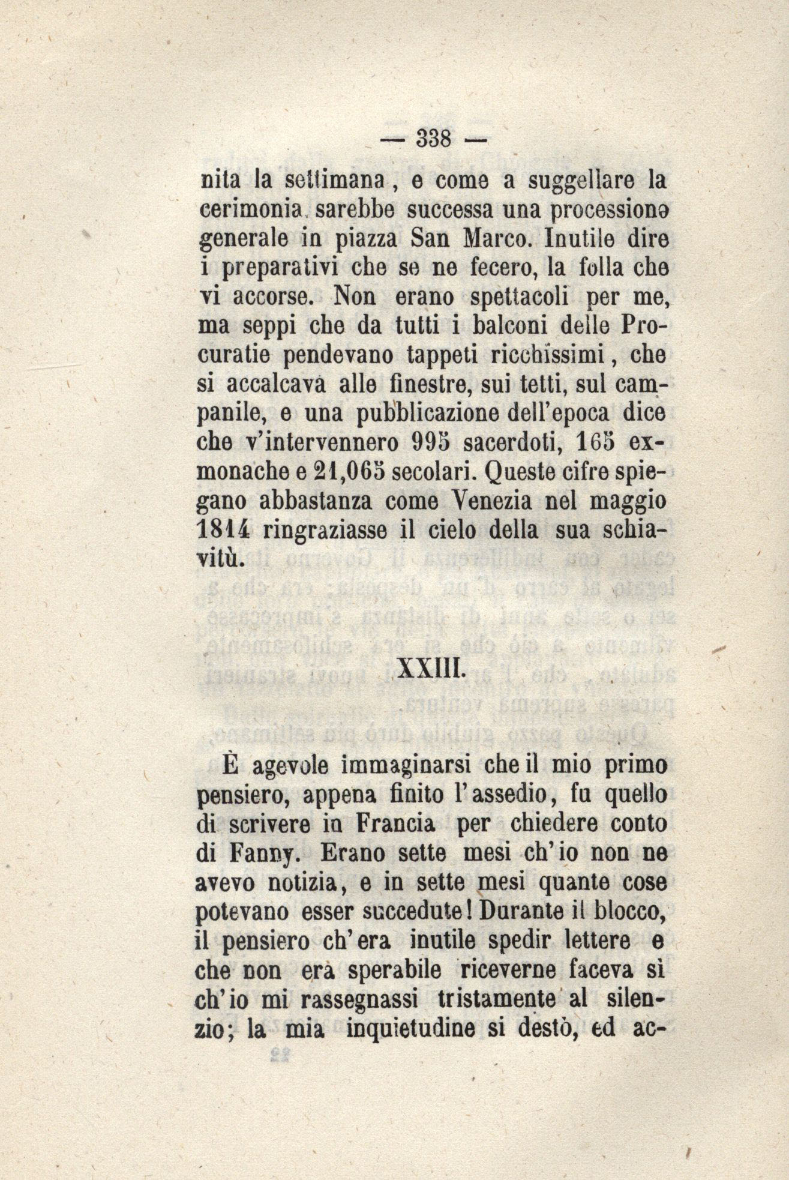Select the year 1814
[x=223, y=530]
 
